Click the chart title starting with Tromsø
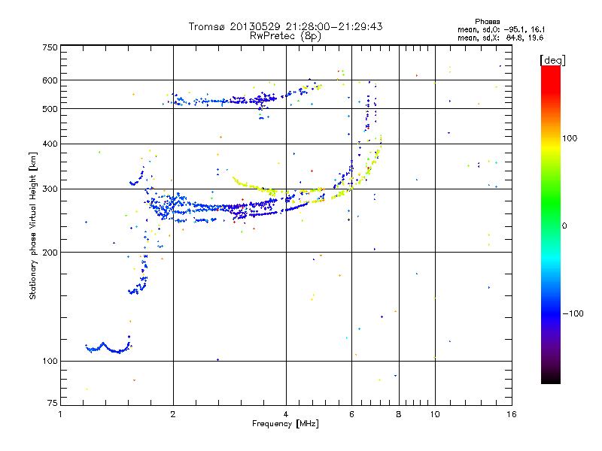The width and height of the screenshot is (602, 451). tap(286, 26)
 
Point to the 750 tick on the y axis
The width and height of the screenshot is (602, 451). tap(50, 47)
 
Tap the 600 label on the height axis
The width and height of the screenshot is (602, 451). tap(50, 80)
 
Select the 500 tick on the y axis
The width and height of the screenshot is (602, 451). tap(50, 109)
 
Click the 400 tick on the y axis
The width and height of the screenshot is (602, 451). tap(50, 144)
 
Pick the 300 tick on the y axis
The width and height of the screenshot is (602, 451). tap(50, 189)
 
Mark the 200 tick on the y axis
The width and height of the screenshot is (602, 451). tap(50, 253)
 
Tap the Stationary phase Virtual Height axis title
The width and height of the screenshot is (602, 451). tap(33, 225)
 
